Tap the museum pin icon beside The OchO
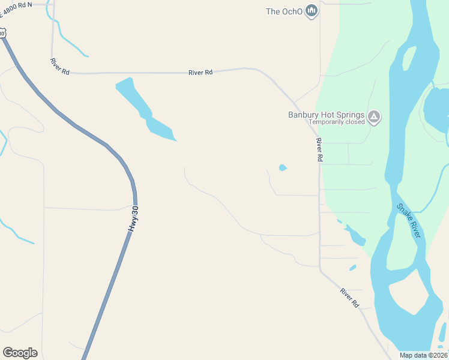tap(311, 11)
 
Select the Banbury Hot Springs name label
tap(326, 115)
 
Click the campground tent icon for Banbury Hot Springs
tap(374, 116)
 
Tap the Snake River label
tap(409, 221)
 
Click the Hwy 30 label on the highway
tap(133, 220)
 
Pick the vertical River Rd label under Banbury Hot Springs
tap(319, 149)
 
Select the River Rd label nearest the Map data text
tap(349, 298)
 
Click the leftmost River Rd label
tap(61, 66)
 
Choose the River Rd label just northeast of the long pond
tap(200, 73)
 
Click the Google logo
tap(20, 353)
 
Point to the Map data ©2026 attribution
tap(423, 355)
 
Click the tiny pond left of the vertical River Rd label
tap(283, 168)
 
